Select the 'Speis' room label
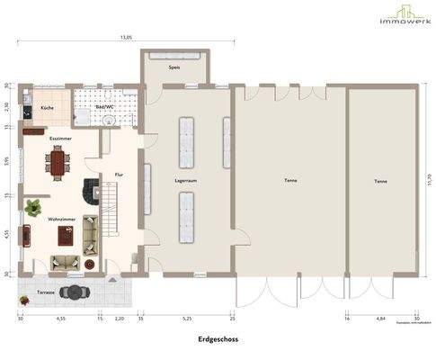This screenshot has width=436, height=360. pos(174,67)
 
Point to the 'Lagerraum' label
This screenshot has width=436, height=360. pos(186,181)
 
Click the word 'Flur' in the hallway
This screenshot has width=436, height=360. pos(119,175)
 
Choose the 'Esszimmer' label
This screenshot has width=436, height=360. pos(61,139)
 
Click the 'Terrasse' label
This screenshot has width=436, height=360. pos(46,292)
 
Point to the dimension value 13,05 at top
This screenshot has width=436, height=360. pos(126,37)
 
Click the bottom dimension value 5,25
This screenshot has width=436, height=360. pos(186,319)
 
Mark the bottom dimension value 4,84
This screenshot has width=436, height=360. pos(380,319)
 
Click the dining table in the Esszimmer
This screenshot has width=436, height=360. pos(60,162)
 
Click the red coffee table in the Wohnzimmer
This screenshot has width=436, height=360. pos(64,236)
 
